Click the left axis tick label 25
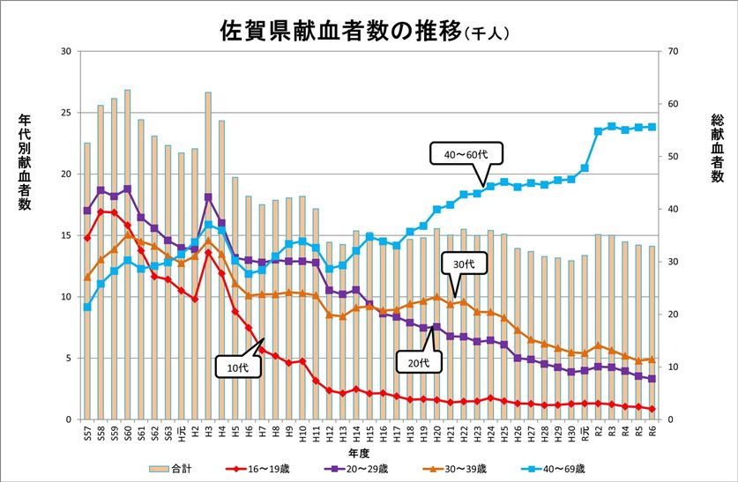click(66, 113)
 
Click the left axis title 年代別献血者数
click(24, 163)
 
